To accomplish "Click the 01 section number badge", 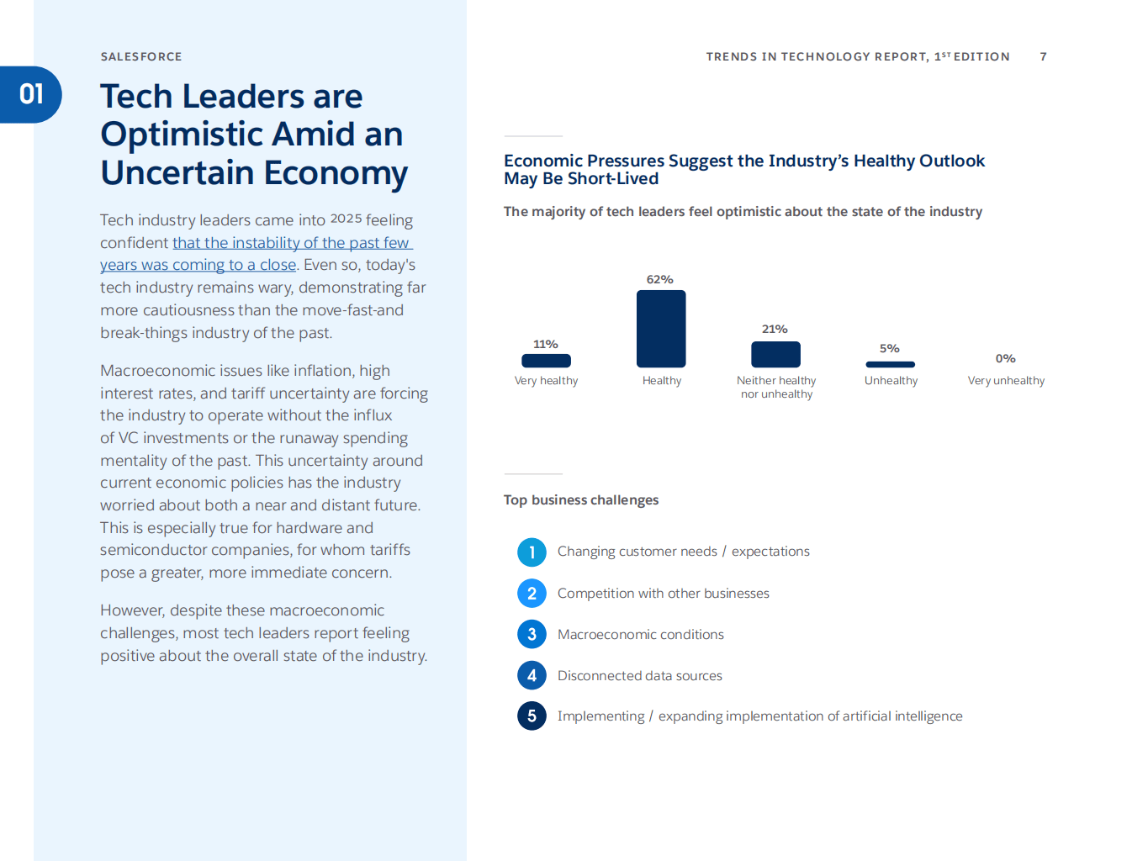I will pyautogui.click(x=31, y=94).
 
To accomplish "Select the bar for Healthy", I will pyautogui.click(x=661, y=329).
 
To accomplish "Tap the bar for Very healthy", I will pyautogui.click(x=546, y=361).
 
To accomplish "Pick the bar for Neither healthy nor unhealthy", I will pyautogui.click(x=775, y=355).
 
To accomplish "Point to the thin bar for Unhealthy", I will pyautogui.click(x=890, y=364).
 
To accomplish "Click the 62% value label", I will pyautogui.click(x=659, y=279).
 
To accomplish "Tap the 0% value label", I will pyautogui.click(x=1005, y=358).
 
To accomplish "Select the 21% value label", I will pyautogui.click(x=775, y=329).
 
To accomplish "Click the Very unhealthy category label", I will pyautogui.click(x=1006, y=381).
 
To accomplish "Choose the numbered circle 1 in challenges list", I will pyautogui.click(x=532, y=552).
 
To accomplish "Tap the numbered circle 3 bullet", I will pyautogui.click(x=532, y=634).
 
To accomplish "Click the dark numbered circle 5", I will pyautogui.click(x=532, y=716).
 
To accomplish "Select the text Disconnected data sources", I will pyautogui.click(x=639, y=676).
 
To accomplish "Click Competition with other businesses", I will pyautogui.click(x=663, y=594).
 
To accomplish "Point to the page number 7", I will pyautogui.click(x=1043, y=56).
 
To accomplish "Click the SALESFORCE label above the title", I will pyautogui.click(x=141, y=56).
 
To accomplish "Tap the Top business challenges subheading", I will pyautogui.click(x=581, y=500).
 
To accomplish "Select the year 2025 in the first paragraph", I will pyautogui.click(x=346, y=219).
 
